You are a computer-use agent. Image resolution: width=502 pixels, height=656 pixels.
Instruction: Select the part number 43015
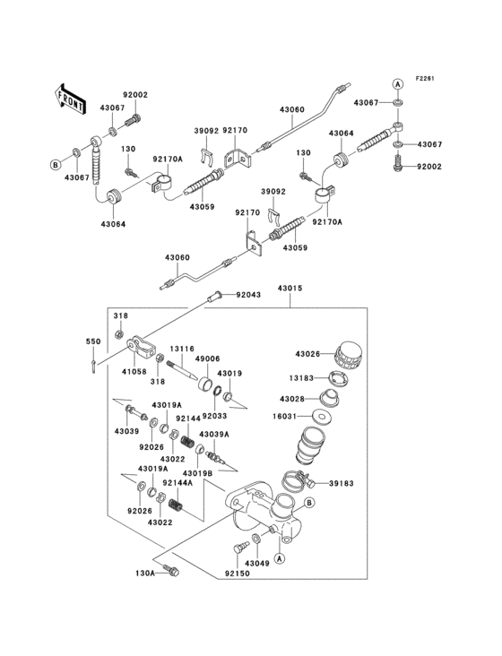pos(290,289)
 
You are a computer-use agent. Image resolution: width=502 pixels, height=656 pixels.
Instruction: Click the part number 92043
pos(250,295)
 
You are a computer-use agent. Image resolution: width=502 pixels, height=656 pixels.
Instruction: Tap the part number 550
pos(93,341)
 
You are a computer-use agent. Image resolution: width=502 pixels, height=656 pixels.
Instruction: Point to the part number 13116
pos(183,349)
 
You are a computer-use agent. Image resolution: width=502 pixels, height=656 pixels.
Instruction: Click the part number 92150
pos(237,572)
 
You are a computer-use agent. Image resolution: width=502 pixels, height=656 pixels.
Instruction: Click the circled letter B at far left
pos(55,164)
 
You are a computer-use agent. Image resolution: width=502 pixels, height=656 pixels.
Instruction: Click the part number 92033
pos(215,416)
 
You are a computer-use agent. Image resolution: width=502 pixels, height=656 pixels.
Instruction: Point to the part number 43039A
pos(214,434)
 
